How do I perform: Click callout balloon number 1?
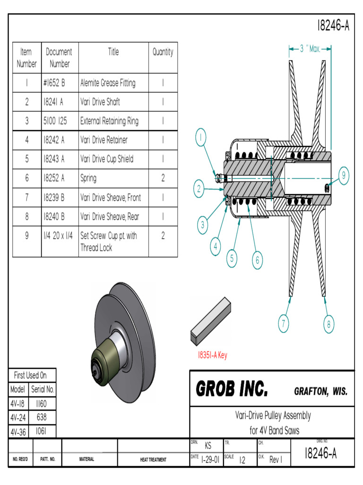(200, 138)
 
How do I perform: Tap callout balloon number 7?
(283, 324)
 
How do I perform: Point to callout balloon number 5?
(232, 258)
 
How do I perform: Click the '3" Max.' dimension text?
(310, 48)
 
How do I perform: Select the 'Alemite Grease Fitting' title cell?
(108, 83)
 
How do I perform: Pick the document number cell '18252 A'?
(53, 178)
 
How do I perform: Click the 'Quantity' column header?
(163, 52)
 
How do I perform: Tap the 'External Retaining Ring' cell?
(109, 121)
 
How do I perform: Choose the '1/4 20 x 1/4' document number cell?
(58, 235)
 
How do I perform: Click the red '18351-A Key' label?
(212, 355)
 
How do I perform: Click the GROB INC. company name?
(232, 390)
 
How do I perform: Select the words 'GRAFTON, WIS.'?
(320, 392)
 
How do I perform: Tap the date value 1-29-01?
(210, 459)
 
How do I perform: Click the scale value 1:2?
(242, 460)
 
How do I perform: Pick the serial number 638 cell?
(42, 418)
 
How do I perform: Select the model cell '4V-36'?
(18, 432)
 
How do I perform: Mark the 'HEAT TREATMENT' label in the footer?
(153, 459)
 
